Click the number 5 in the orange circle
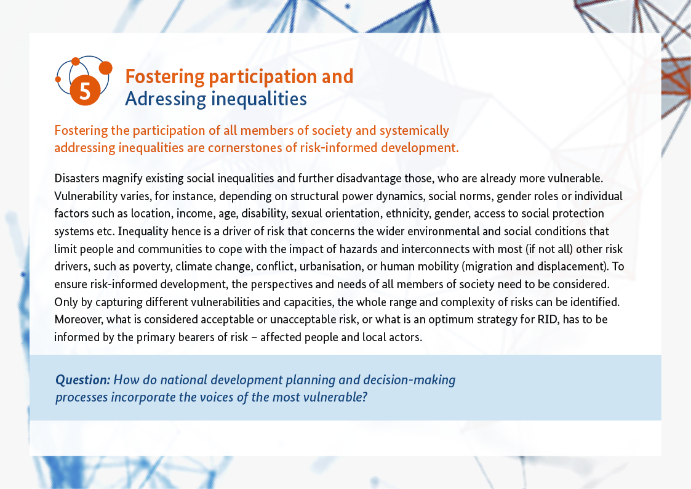(x=85, y=91)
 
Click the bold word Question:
(x=83, y=380)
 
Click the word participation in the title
(x=263, y=77)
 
